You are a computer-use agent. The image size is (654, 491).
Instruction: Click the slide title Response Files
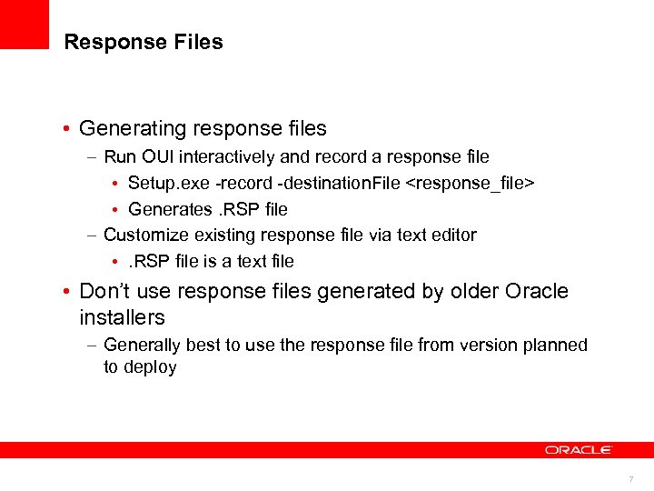pos(144,43)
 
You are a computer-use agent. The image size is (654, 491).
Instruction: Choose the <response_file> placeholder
pos(470,183)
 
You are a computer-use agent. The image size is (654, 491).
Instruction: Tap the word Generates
pos(167,209)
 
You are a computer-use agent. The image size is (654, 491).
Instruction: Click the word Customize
pos(141,235)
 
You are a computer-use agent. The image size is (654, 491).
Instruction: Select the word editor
pos(452,235)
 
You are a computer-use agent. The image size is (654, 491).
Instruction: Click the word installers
pos(122,318)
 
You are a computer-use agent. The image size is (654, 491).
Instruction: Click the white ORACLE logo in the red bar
pos(579,450)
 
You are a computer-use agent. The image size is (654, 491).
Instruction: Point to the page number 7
pos(632,479)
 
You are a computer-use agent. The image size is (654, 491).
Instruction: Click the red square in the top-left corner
pos(24,24)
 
